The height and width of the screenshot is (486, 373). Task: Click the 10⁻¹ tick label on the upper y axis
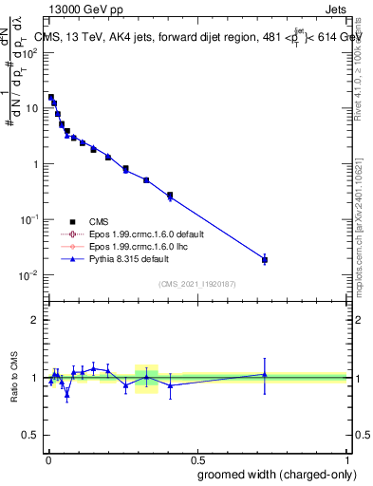coord(29,219)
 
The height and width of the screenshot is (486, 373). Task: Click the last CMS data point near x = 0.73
coord(265,259)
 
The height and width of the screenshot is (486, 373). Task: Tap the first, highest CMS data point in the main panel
coord(51,97)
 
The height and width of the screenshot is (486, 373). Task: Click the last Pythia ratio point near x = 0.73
coord(265,374)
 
